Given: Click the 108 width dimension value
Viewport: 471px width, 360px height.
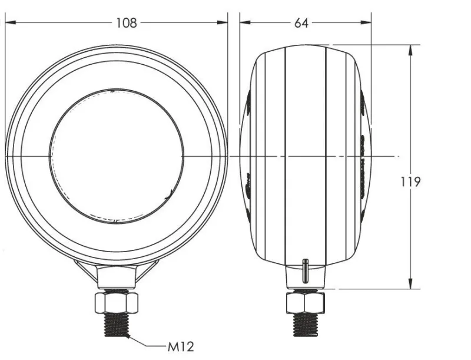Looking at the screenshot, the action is click(x=127, y=23).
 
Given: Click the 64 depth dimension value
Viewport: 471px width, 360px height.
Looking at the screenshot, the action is click(x=301, y=23).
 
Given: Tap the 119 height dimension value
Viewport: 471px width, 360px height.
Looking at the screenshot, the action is click(x=410, y=182).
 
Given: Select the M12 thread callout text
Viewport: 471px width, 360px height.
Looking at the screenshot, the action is click(x=181, y=347).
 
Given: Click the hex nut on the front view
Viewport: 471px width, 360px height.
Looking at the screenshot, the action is click(x=116, y=303).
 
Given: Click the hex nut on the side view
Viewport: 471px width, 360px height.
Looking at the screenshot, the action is click(x=306, y=303).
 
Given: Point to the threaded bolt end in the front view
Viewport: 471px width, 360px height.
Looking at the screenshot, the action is click(x=116, y=325).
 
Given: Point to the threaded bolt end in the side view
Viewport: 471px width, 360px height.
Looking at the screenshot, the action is click(x=306, y=325).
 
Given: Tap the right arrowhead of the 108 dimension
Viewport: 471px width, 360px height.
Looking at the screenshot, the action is click(x=223, y=22).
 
